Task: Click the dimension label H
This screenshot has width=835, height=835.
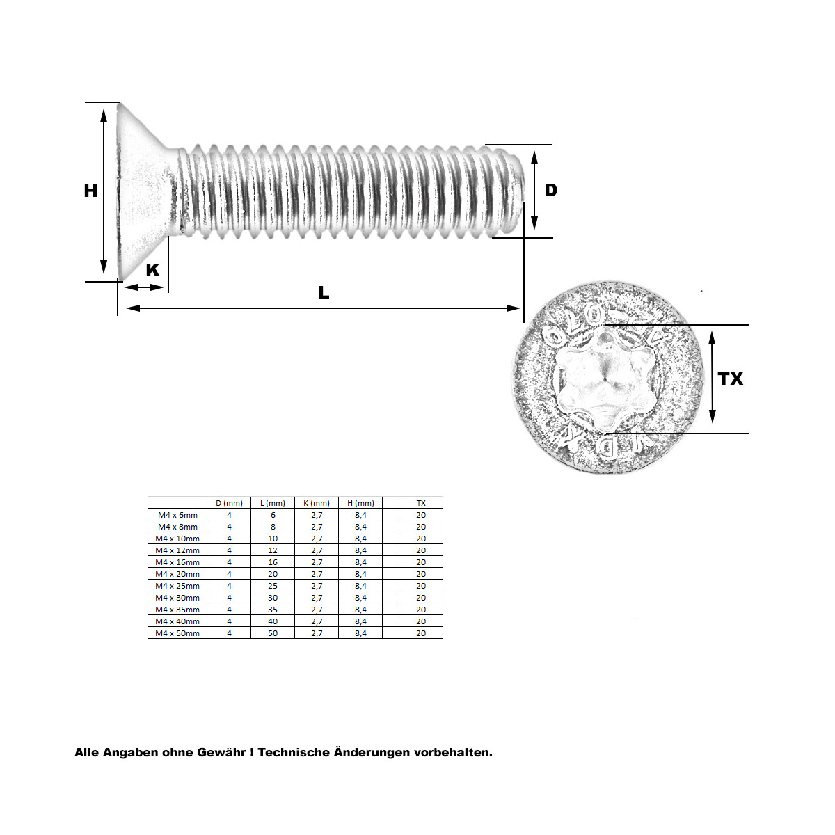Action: [x=90, y=191]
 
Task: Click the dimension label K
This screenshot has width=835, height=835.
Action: [x=152, y=270]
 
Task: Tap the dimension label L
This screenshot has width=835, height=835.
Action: [x=324, y=293]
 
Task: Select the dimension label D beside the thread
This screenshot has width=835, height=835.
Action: [x=550, y=191]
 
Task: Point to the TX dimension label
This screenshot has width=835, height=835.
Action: [x=731, y=379]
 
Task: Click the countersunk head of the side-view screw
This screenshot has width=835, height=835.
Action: [x=143, y=191]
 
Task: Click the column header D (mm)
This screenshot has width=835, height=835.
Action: [x=229, y=503]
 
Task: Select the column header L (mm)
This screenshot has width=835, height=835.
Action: [x=273, y=503]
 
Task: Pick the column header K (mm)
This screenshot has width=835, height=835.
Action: [x=317, y=503]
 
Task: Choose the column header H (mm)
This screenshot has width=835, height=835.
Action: [x=360, y=503]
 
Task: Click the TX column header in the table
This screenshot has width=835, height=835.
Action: [x=421, y=503]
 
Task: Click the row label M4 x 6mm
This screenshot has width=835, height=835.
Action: [x=177, y=515]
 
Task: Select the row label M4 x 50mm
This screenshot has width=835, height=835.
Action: [x=177, y=633]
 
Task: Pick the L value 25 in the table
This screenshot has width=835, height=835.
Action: [x=273, y=586]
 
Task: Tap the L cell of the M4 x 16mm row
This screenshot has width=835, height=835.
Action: [x=273, y=562]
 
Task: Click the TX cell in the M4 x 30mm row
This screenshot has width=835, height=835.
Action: [x=421, y=598]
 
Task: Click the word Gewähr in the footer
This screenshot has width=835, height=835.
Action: [x=221, y=753]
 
